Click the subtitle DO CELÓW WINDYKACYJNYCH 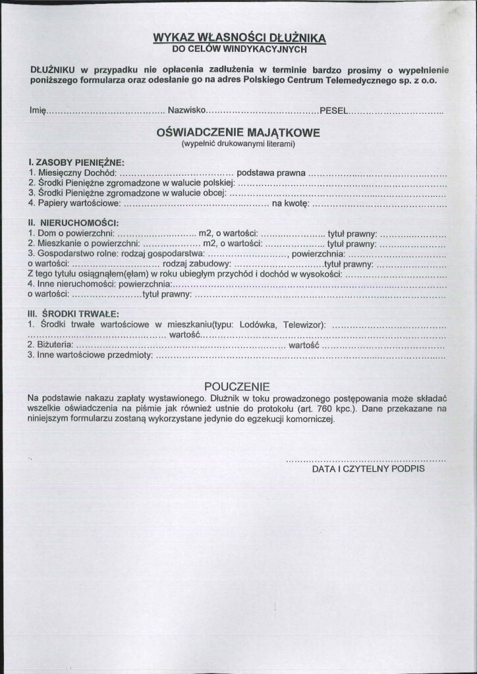pyautogui.click(x=238, y=48)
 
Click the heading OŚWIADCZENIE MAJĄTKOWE pyautogui.click(x=238, y=132)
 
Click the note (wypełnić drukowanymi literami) pyautogui.click(x=238, y=143)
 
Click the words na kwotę pyautogui.click(x=290, y=203)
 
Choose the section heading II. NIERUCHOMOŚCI pyautogui.click(x=72, y=222)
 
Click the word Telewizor pyautogui.click(x=305, y=324)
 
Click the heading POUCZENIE pyautogui.click(x=237, y=386)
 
